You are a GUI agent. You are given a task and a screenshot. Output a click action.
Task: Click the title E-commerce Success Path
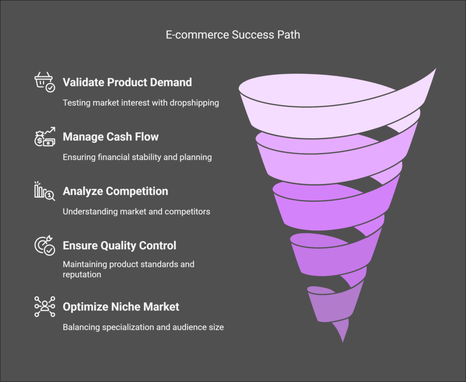tap(233, 34)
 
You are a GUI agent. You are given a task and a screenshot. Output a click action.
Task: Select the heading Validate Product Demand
tap(127, 83)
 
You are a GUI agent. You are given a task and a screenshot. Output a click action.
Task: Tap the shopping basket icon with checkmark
tap(45, 83)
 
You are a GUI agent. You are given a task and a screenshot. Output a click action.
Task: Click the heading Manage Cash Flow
tap(111, 137)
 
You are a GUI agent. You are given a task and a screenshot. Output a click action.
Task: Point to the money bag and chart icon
tap(45, 136)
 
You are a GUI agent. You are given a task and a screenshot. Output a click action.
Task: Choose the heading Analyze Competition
tap(115, 191)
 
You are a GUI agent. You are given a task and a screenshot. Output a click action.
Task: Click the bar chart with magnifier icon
tap(45, 191)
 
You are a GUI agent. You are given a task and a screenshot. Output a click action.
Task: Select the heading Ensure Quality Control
tap(119, 246)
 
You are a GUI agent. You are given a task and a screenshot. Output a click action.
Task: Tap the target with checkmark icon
tap(45, 246)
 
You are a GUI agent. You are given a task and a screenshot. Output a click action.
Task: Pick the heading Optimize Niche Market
tap(121, 307)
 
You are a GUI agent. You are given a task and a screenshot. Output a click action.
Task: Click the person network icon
tap(45, 306)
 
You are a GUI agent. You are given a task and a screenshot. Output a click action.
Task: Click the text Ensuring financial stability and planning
tap(137, 157)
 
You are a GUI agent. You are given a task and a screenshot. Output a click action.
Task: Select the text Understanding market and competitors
tap(136, 212)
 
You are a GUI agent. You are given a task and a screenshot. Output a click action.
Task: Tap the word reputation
tap(82, 275)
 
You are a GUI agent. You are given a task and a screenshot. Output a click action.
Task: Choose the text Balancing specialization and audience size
tap(143, 327)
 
